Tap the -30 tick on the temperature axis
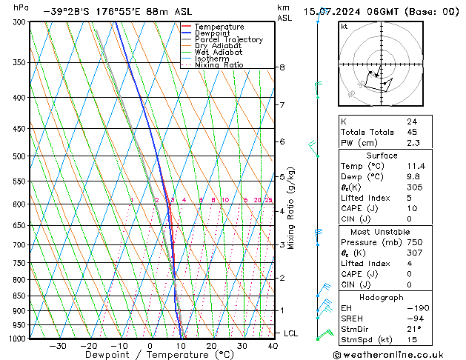tap(58, 345)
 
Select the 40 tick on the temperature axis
tap(273, 345)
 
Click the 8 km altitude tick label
tap(282, 67)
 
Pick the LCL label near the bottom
tap(290, 333)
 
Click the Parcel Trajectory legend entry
tap(228, 40)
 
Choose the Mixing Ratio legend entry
tap(219, 65)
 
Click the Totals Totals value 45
tap(411, 133)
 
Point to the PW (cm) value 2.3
tap(411, 144)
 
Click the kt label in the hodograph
tap(344, 27)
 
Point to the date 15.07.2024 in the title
tap(333, 11)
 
